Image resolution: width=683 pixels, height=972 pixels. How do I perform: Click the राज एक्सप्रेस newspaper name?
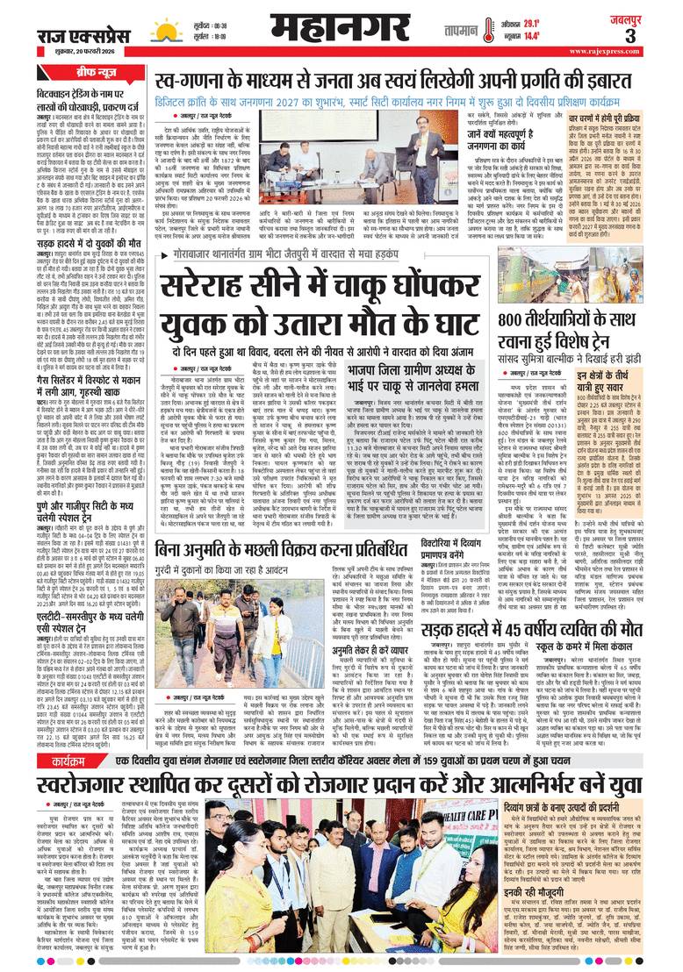click(84, 32)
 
